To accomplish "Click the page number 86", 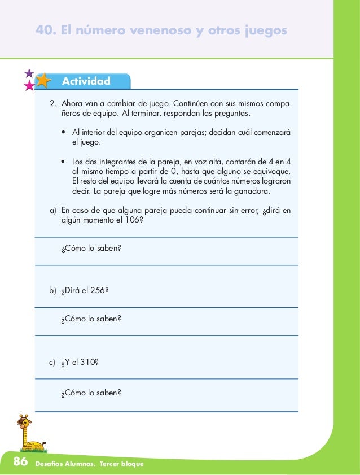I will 20,463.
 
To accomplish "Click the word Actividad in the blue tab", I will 86,81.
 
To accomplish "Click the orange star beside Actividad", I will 43,80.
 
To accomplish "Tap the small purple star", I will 28,73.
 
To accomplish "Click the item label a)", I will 53,211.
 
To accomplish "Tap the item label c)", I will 53,364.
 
